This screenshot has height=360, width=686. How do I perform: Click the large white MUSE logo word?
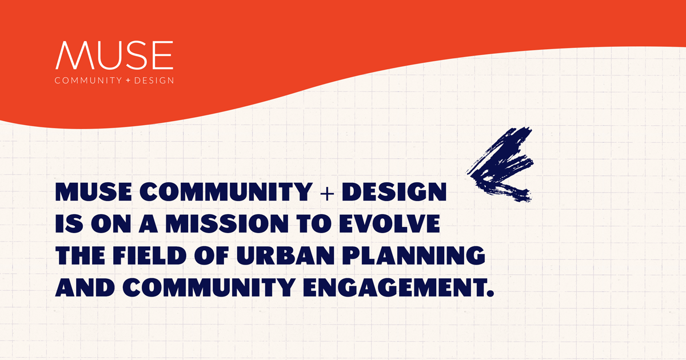pyautogui.click(x=114, y=54)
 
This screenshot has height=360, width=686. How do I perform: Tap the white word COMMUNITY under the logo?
pyautogui.click(x=87, y=81)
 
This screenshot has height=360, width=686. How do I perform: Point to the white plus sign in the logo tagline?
pyautogui.click(x=127, y=81)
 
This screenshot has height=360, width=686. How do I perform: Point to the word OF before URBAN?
pyautogui.click(x=214, y=255)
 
